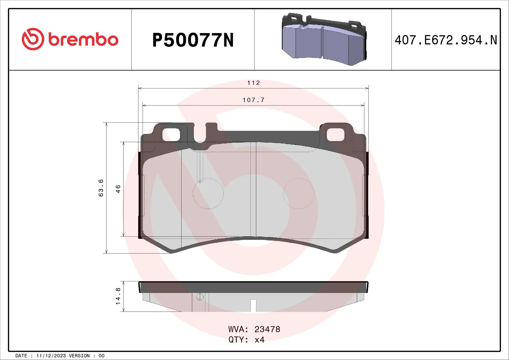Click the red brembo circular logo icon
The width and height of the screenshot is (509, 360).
(x=33, y=39)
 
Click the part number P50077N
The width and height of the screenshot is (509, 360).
(x=193, y=40)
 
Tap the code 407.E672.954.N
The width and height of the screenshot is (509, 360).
(x=446, y=40)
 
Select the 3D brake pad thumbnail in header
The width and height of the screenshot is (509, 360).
(x=324, y=39)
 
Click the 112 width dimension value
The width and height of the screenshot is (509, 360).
(x=253, y=83)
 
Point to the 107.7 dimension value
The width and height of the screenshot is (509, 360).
(x=253, y=100)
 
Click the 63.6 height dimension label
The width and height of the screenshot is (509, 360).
(x=101, y=188)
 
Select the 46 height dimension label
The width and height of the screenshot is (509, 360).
(x=118, y=189)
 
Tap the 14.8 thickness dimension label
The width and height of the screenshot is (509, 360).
(x=118, y=296)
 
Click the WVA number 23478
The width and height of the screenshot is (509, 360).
(x=267, y=329)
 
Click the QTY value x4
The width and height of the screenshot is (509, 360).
(x=259, y=340)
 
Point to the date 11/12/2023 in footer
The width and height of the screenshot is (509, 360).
(x=51, y=356)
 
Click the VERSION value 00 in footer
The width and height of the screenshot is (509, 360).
(x=102, y=356)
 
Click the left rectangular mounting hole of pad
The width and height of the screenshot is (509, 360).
(x=171, y=135)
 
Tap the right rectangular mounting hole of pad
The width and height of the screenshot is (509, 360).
(x=335, y=135)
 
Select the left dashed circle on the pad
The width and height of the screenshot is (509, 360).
(x=208, y=194)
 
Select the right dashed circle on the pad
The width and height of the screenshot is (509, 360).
(x=299, y=194)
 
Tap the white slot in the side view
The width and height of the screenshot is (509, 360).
(x=253, y=305)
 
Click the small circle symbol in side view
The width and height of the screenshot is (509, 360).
(x=200, y=297)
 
